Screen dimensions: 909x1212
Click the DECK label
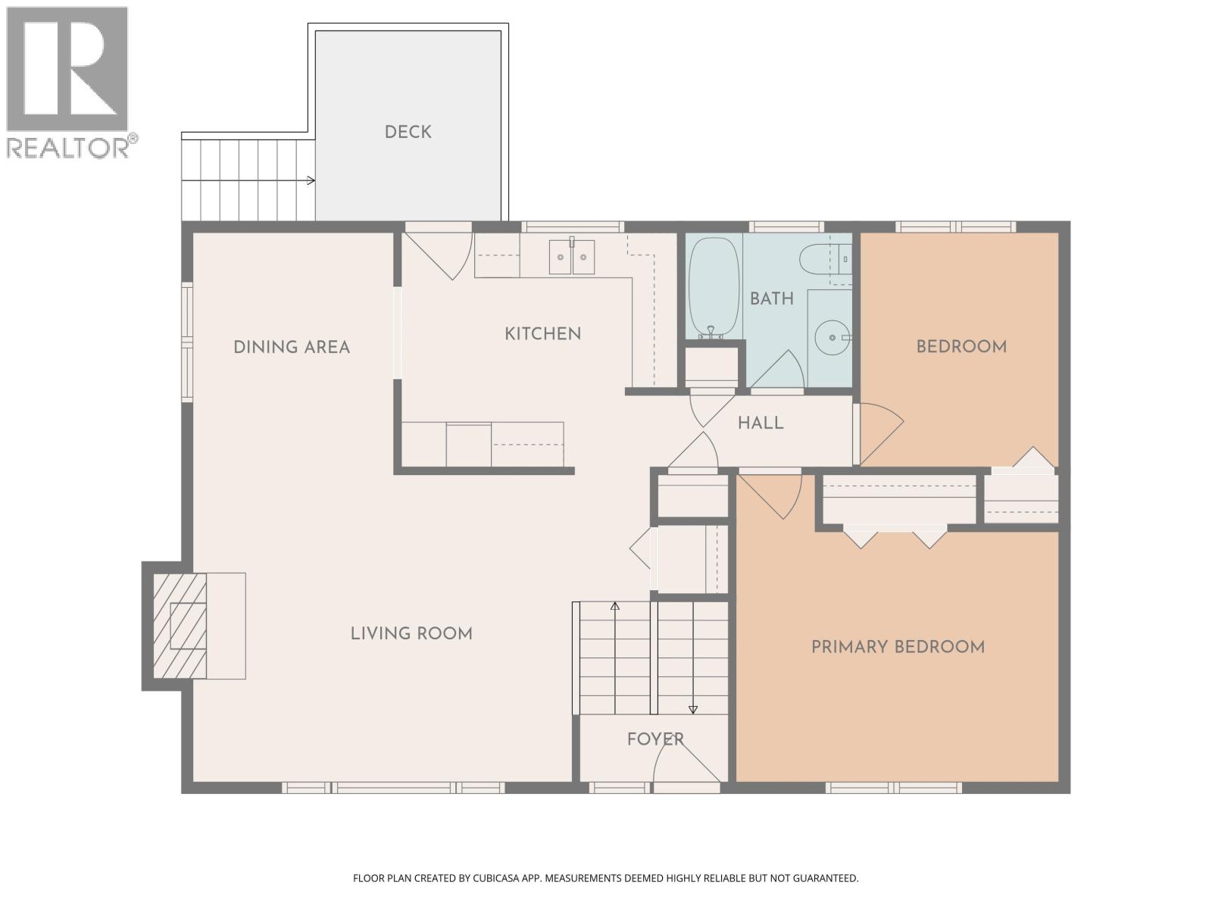coord(408,132)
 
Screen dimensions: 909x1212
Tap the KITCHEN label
coord(542,333)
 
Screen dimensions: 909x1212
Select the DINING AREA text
coord(292,347)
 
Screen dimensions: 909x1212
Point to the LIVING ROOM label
coord(411,633)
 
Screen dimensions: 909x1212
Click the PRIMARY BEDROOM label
coord(898,647)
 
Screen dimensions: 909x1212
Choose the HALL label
coord(761,423)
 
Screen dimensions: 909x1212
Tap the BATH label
coord(772,298)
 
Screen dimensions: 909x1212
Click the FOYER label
coord(655,739)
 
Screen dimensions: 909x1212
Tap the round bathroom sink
coord(832,336)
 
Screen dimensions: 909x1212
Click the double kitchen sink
coord(572,257)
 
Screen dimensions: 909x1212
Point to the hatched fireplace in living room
coord(180,626)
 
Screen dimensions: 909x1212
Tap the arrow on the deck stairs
coord(309,180)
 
